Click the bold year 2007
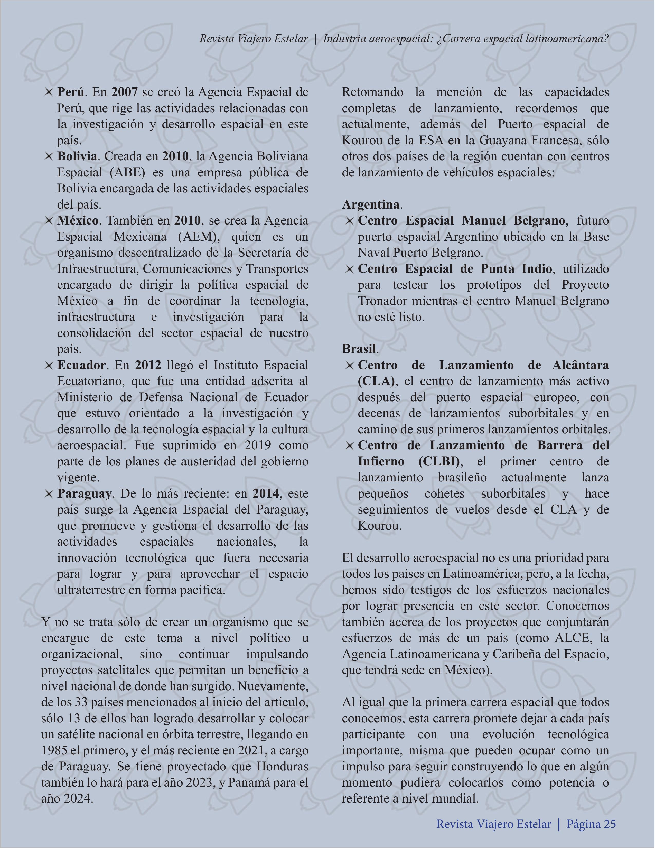[124, 92]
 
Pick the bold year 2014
[266, 494]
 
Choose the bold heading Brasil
[359, 349]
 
